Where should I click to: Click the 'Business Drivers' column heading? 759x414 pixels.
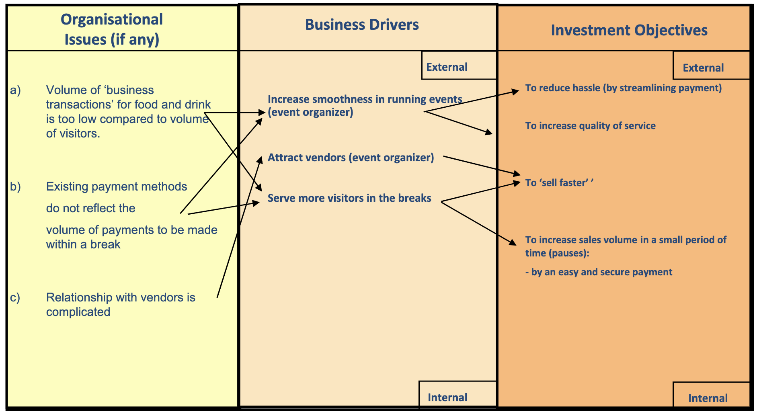(362, 25)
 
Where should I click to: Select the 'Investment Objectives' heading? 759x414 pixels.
(629, 31)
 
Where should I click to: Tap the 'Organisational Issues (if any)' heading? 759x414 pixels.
(112, 29)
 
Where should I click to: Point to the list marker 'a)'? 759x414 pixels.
(15, 90)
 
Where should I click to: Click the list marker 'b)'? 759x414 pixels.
(15, 187)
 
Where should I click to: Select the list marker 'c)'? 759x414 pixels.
(15, 298)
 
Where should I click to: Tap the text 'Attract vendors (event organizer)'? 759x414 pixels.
(351, 158)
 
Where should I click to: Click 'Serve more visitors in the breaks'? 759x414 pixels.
(349, 198)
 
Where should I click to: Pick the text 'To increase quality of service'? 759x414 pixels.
(590, 126)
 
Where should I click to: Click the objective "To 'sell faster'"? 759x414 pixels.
(559, 183)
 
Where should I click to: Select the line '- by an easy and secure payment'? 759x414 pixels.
(599, 272)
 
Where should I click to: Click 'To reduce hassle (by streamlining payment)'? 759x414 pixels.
(623, 88)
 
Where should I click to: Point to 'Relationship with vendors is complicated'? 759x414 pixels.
(121, 305)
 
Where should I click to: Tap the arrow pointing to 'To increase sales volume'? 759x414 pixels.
(478, 223)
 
